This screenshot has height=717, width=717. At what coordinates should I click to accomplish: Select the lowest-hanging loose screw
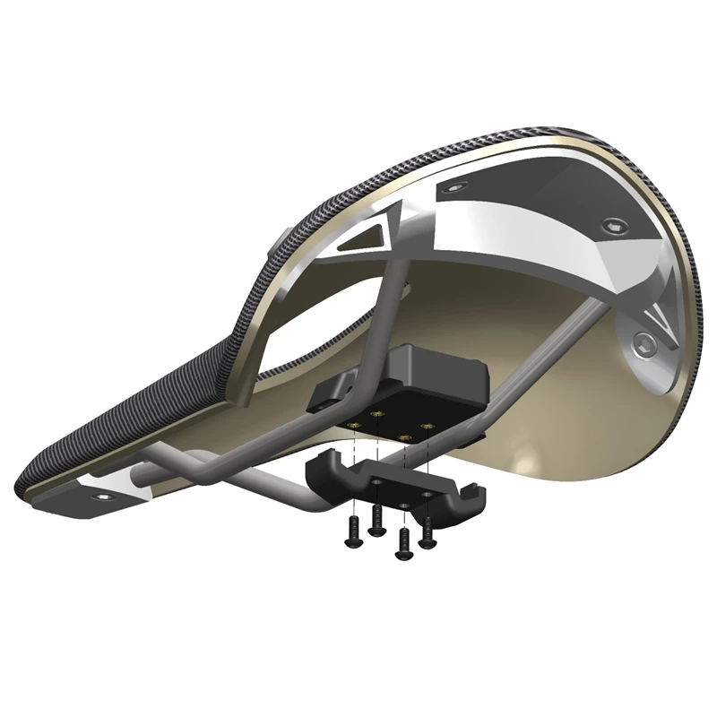(x=405, y=539)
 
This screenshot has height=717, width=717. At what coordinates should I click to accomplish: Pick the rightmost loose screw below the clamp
(x=428, y=530)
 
